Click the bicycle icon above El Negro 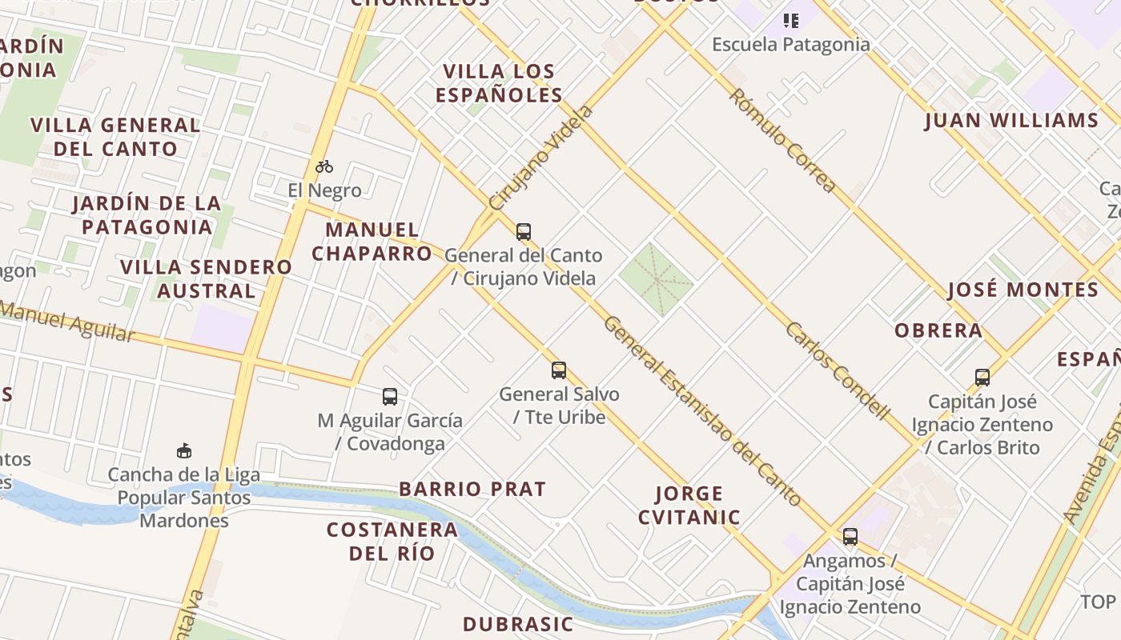[x=323, y=166]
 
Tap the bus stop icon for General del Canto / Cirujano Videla [x=523, y=232]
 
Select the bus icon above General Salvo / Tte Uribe [x=558, y=370]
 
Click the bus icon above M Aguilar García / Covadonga [x=389, y=396]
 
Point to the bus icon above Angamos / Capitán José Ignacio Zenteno [x=850, y=536]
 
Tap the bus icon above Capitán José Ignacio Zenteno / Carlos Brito [x=982, y=377]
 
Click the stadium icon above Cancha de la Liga [x=184, y=450]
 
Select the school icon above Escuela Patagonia [x=790, y=20]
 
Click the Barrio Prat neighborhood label [x=472, y=489]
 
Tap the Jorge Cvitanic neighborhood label [x=689, y=505]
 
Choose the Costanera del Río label [x=392, y=541]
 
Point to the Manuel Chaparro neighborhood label [x=372, y=242]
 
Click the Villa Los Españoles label [x=499, y=83]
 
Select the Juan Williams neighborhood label [x=1011, y=121]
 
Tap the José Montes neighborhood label [x=1023, y=290]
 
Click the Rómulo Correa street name [x=781, y=140]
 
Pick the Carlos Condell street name [x=837, y=370]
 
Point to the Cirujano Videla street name [x=541, y=158]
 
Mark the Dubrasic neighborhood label [x=518, y=624]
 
